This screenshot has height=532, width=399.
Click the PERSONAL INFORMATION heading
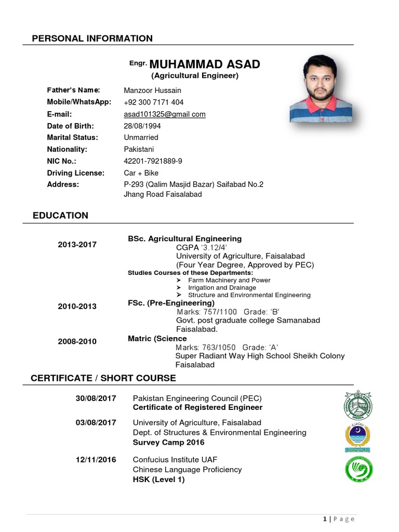tap(92, 38)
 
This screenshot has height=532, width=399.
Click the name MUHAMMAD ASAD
tap(204, 64)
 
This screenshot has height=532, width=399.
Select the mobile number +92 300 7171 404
tap(153, 102)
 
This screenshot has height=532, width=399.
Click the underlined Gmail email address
tap(164, 114)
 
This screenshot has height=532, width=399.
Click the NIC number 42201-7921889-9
tap(153, 161)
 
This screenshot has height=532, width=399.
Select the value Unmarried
tap(141, 138)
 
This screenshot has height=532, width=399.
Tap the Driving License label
tap(75, 173)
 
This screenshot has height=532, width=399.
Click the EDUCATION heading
tap(60, 216)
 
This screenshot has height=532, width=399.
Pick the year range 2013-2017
tap(77, 245)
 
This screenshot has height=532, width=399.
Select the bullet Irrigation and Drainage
tap(222, 288)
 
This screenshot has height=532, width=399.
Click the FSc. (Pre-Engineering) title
tap(171, 303)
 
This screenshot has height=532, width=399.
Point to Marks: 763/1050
tap(206, 348)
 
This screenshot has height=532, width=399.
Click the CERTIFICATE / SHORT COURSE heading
tap(103, 378)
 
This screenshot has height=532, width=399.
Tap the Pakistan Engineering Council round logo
tap(358, 405)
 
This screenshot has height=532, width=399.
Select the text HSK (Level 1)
tap(158, 480)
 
